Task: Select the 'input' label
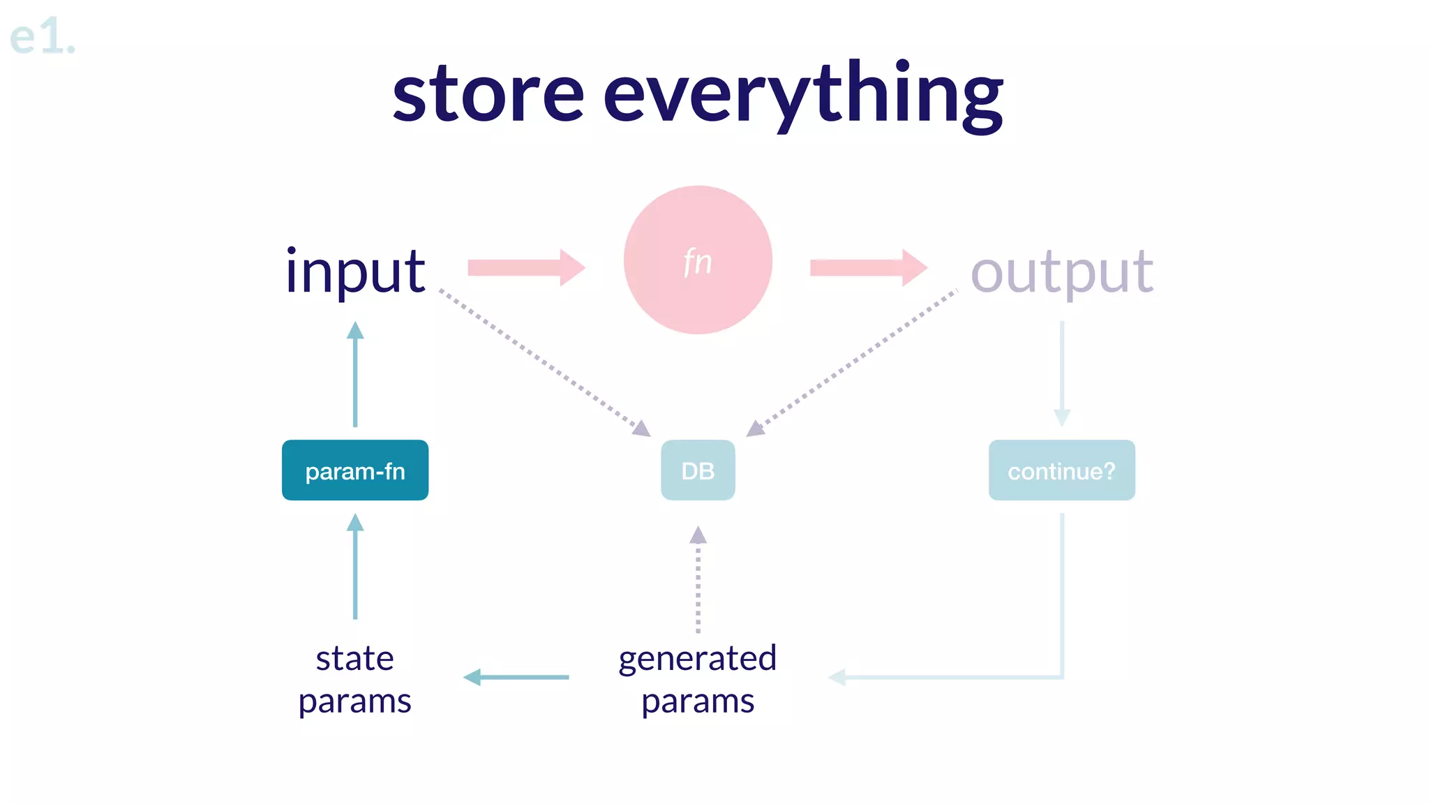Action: coord(355,272)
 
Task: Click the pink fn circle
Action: coord(698,260)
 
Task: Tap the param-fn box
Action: coord(355,470)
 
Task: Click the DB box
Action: coord(698,470)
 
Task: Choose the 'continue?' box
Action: coord(1061,470)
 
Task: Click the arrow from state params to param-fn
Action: coord(355,567)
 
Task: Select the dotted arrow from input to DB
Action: coord(544,361)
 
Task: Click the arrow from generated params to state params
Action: coord(516,677)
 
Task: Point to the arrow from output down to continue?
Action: coord(1061,373)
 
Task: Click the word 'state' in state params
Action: coord(354,659)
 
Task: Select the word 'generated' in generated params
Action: coord(698,659)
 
